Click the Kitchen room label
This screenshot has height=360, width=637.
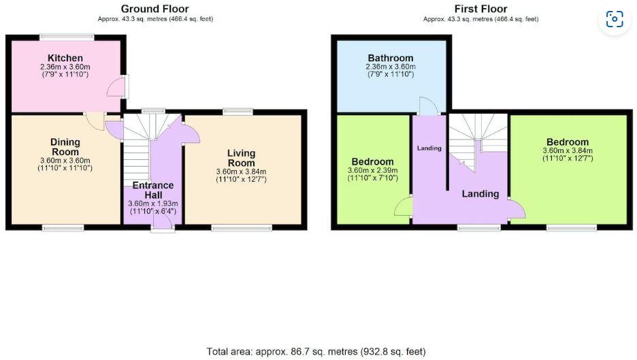(x=65, y=58)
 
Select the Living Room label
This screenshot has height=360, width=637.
(x=241, y=158)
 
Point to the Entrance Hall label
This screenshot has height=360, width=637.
(x=152, y=190)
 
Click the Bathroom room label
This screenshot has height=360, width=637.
(x=391, y=58)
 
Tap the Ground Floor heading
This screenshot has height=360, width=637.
(x=155, y=9)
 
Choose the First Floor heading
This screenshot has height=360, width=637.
(x=480, y=9)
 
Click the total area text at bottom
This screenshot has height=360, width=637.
(x=316, y=351)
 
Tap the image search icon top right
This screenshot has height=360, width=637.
(x=615, y=20)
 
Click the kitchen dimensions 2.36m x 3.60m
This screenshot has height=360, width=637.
(x=65, y=67)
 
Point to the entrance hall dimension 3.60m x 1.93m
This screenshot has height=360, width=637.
(x=152, y=203)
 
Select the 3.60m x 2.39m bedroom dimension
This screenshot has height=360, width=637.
(x=373, y=170)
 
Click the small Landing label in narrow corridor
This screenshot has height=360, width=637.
(x=429, y=148)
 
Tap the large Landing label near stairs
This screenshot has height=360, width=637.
(x=480, y=194)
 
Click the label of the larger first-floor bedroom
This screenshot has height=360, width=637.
(x=566, y=142)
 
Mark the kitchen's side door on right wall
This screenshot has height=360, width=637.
(x=120, y=87)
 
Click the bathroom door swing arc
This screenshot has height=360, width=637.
(x=427, y=106)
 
